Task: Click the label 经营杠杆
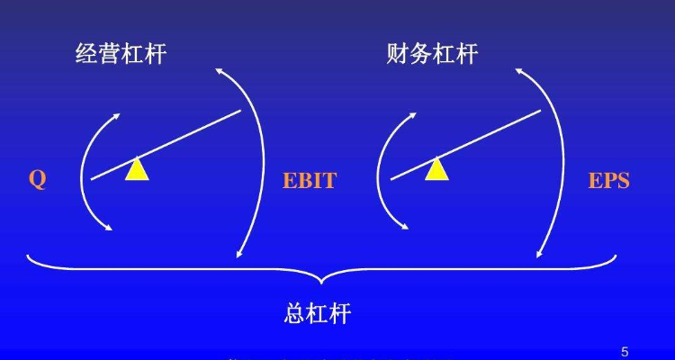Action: pos(121,55)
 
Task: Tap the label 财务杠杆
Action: pos(431,55)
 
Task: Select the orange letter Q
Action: pos(37,180)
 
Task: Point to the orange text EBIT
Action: pos(310,181)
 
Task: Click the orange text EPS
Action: pos(609,181)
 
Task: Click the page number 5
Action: pos(625,350)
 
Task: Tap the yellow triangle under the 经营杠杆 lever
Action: pos(136,169)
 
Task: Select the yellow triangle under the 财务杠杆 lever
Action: pos(436,169)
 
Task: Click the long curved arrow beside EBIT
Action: pos(256,162)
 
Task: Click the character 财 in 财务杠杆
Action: pos(397,55)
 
